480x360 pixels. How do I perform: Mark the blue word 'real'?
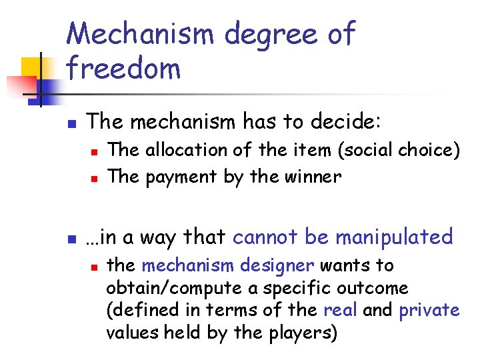tap(338, 310)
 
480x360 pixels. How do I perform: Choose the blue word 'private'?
tap(429, 311)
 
